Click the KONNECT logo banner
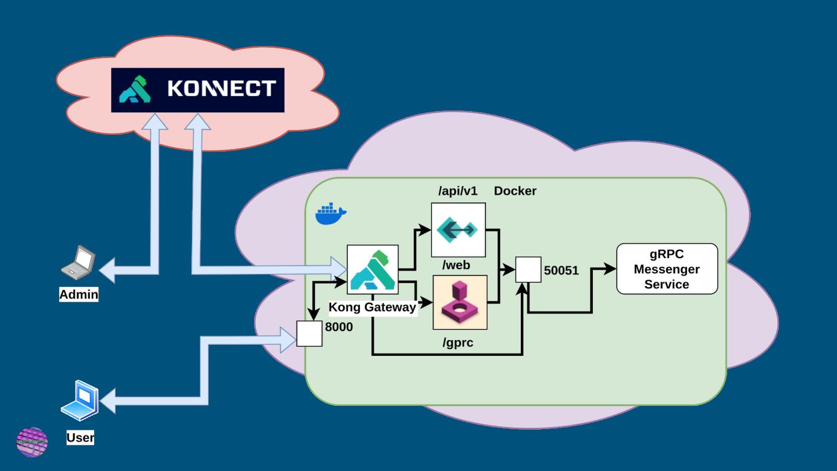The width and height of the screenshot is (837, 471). click(198, 90)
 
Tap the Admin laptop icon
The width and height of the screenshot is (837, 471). click(78, 261)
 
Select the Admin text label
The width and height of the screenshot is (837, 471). click(79, 295)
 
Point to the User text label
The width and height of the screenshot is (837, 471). click(80, 438)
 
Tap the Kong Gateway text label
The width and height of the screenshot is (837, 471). click(373, 307)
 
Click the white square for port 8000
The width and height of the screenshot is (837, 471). click(309, 334)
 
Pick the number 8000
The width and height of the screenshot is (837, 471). click(339, 327)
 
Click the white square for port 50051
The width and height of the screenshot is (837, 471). click(528, 270)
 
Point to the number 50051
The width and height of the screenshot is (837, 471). click(561, 270)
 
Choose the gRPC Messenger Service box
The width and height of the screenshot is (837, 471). click(667, 269)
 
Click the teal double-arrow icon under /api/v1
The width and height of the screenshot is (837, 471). click(458, 230)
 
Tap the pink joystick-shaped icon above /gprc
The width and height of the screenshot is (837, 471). click(460, 302)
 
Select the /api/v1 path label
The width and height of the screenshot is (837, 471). click(457, 191)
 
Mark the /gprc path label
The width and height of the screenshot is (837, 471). click(457, 343)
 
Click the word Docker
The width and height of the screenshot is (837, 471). click(515, 191)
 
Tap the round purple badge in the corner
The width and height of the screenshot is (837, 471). click(32, 442)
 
